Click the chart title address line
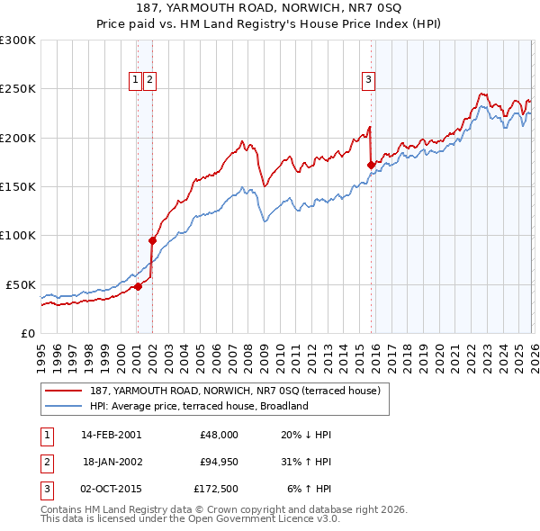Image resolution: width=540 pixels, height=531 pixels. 270,7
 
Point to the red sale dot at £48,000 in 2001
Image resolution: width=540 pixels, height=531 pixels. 138,286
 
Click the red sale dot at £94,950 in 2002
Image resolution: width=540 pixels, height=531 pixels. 152,240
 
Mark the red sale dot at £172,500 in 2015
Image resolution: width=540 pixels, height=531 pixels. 371,165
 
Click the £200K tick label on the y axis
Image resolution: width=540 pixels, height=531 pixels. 18,138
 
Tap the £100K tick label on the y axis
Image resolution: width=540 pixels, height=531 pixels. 18,235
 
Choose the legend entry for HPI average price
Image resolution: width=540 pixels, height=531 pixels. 199,406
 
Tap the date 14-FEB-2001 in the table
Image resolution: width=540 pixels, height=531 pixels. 111,435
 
